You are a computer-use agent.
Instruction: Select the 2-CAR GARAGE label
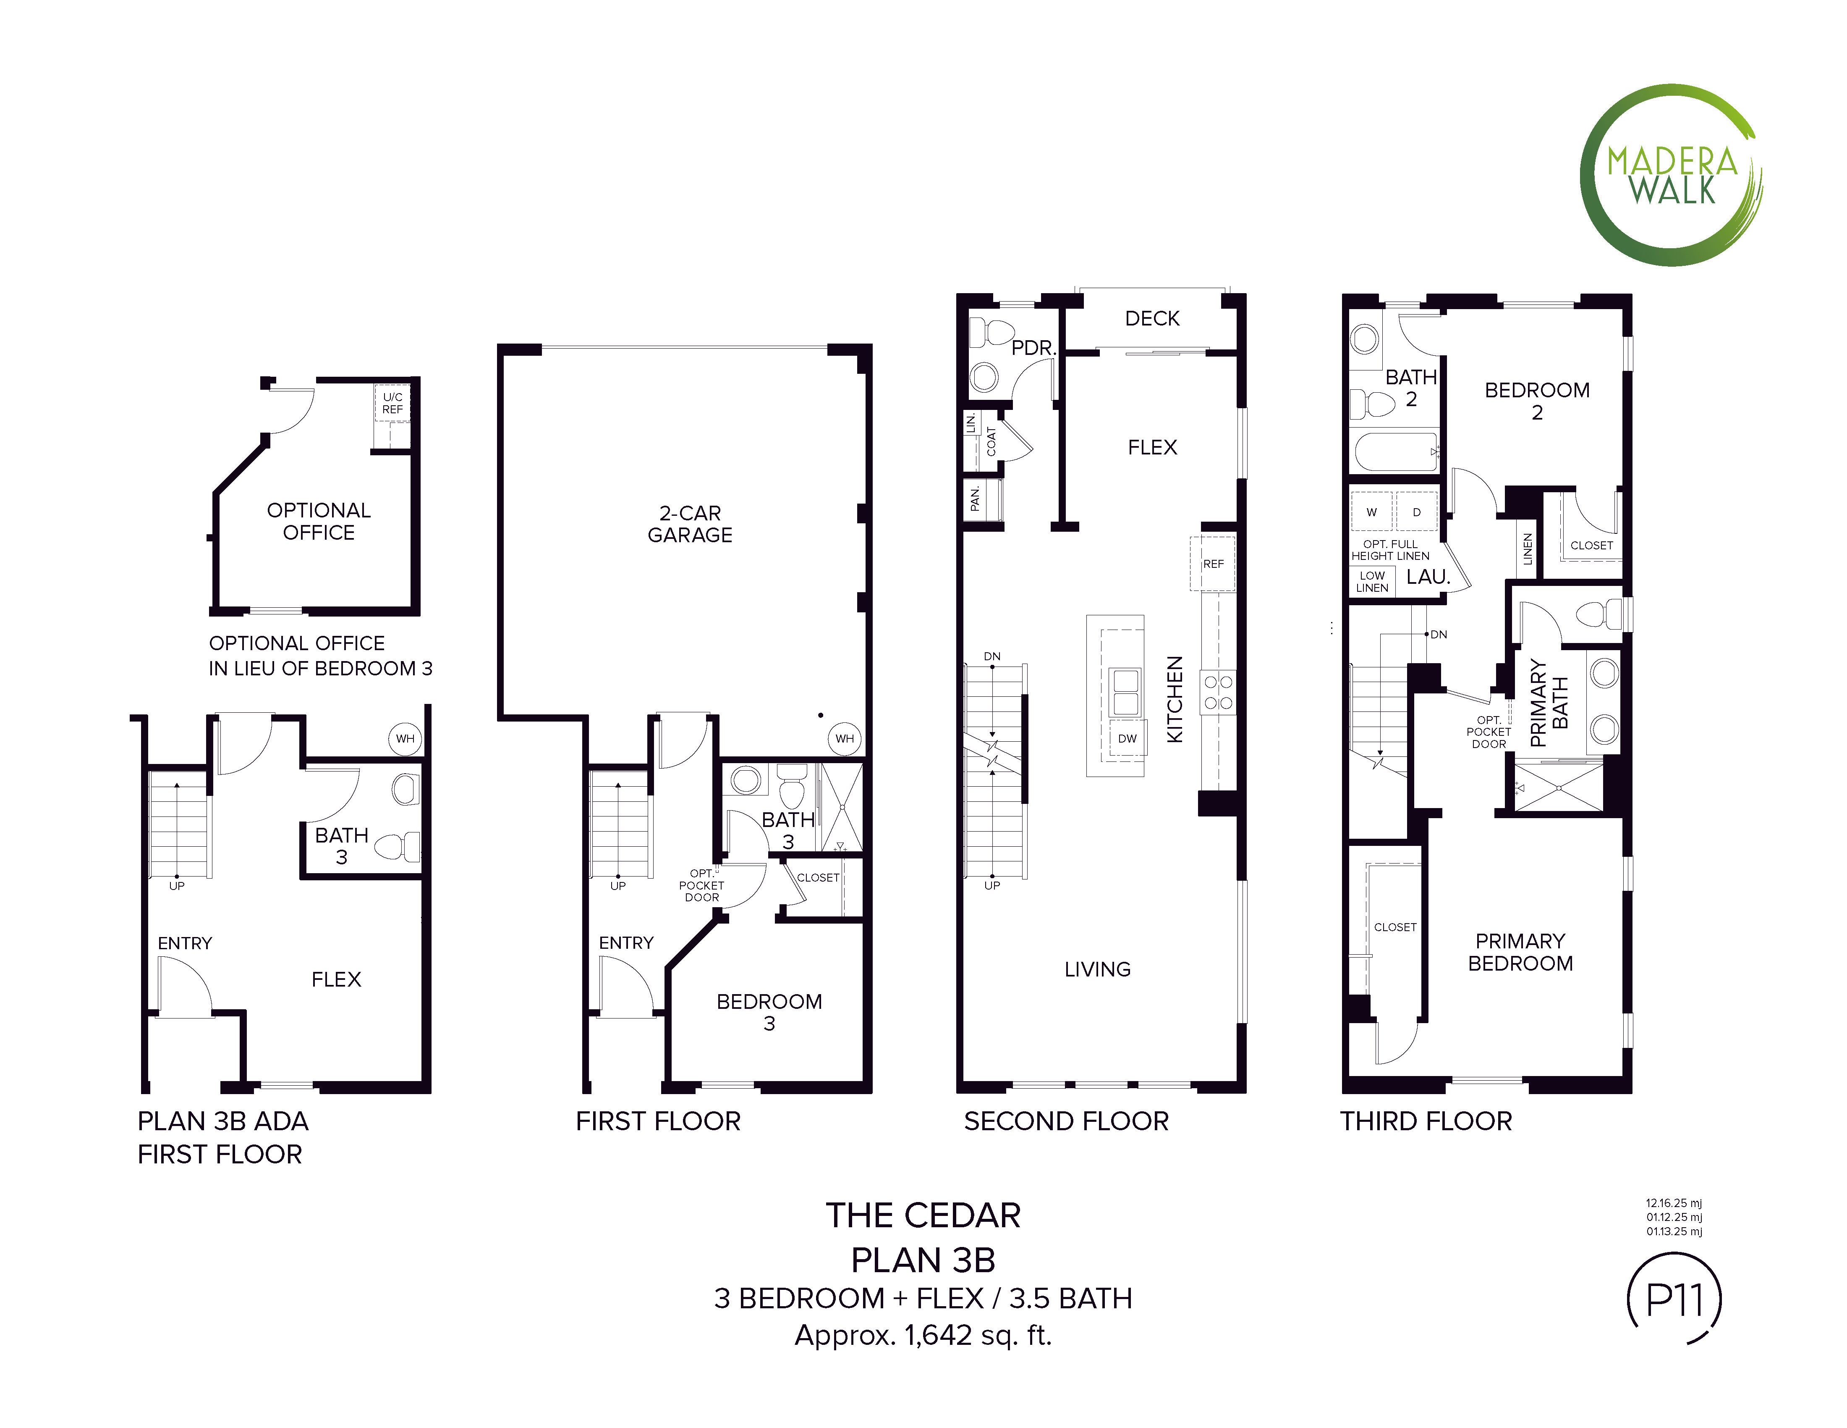(690, 525)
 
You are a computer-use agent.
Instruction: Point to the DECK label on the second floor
(1152, 319)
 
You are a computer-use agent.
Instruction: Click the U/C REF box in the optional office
(392, 404)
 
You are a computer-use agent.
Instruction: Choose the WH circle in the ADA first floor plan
(405, 738)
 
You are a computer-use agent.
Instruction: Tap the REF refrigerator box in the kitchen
(1213, 563)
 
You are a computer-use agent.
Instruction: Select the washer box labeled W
(1372, 512)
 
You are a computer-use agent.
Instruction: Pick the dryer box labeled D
(1417, 512)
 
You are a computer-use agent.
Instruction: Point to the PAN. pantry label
(975, 498)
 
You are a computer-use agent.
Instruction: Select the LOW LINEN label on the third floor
(1372, 581)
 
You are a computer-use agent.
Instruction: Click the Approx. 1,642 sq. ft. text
(923, 1335)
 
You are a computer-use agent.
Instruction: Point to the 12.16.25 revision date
(1674, 1202)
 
